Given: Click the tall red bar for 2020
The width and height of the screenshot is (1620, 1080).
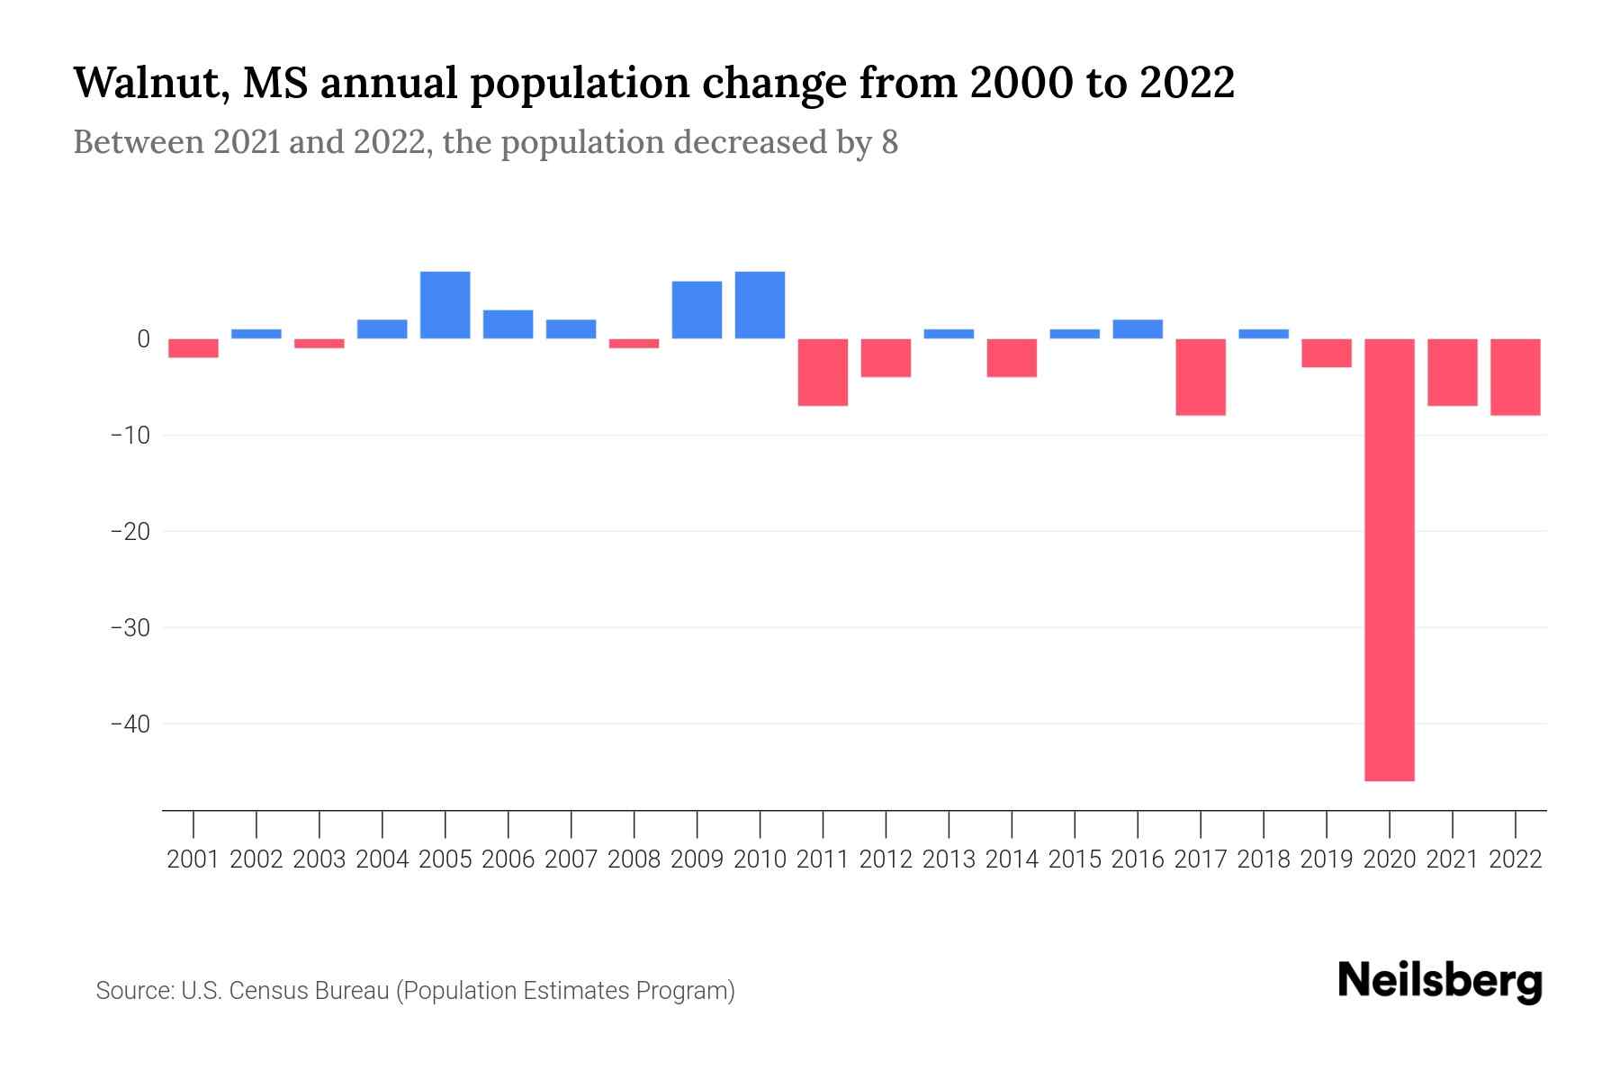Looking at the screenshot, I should coord(1389,558).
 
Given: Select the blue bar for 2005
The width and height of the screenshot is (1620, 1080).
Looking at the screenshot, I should coord(445,305).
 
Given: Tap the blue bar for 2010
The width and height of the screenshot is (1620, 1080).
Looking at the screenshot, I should coord(760,305).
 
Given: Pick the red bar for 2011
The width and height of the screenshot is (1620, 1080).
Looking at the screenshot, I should coord(823,372).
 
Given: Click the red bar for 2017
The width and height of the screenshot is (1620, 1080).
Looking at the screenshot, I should coord(1200,376).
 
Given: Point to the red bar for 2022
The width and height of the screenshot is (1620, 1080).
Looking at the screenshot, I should coord(1515,376).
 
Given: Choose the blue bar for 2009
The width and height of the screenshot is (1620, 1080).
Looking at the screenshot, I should coord(697,310).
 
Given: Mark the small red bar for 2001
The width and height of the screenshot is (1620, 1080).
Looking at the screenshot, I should coord(193,348).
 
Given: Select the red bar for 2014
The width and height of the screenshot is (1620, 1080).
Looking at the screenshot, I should coord(1012,357).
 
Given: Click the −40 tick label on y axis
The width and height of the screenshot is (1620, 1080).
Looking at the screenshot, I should coord(130,724).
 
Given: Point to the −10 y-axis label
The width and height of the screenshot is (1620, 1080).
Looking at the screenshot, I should coord(130,436).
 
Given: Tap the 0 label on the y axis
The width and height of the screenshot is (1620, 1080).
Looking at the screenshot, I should coord(143,339).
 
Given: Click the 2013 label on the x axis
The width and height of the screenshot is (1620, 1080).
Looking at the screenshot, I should coord(949,859).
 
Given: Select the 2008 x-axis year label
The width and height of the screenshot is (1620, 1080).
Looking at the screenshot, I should coord(634,859).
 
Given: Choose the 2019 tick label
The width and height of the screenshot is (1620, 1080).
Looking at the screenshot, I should coord(1326,859).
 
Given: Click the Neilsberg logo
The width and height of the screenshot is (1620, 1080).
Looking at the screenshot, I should coord(1439,982).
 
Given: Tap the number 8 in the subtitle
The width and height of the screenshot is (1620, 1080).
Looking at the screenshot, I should coord(889,143).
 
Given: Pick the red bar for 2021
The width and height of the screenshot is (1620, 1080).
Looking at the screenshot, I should coord(1452,372).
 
